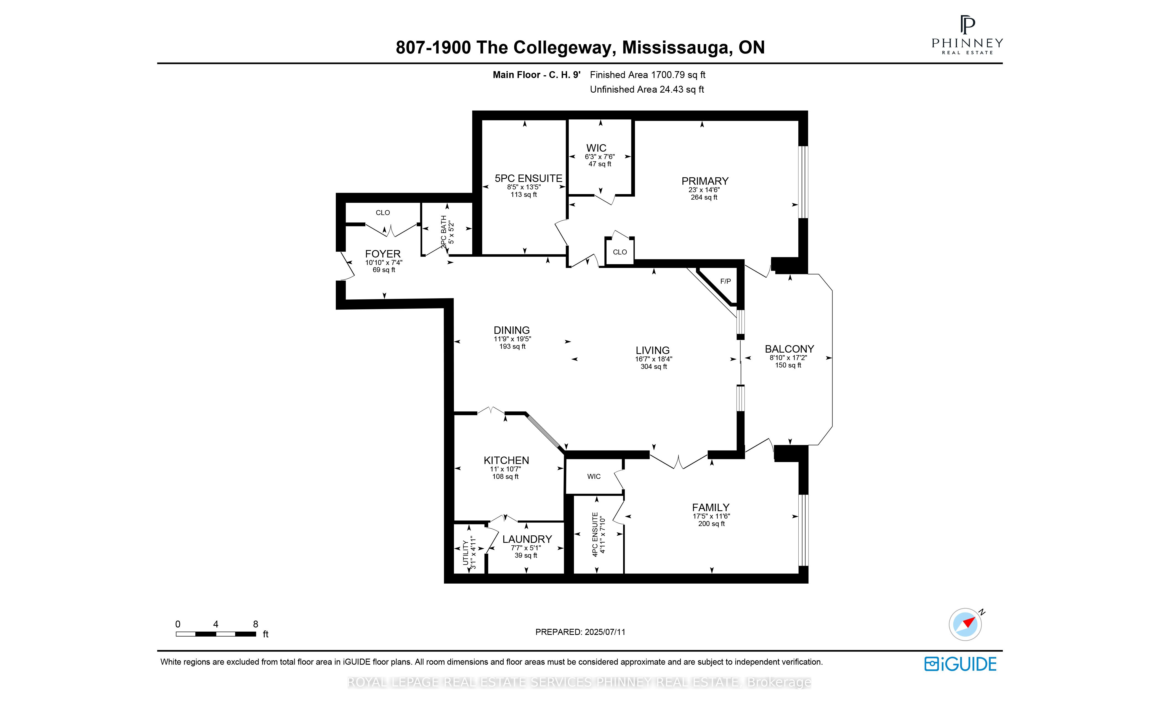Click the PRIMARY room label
(x=705, y=181)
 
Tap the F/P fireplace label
(x=725, y=281)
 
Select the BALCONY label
(x=789, y=349)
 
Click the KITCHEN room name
(x=506, y=460)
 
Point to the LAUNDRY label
(x=527, y=539)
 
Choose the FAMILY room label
(x=710, y=508)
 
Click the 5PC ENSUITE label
(x=528, y=178)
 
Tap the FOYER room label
(x=382, y=254)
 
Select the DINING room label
(x=511, y=330)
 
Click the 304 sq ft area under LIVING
(x=653, y=367)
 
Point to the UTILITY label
(x=466, y=553)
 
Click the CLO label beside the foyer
(x=382, y=212)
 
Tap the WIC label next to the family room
(x=594, y=476)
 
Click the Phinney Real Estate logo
(x=967, y=35)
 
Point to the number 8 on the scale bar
(x=256, y=624)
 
